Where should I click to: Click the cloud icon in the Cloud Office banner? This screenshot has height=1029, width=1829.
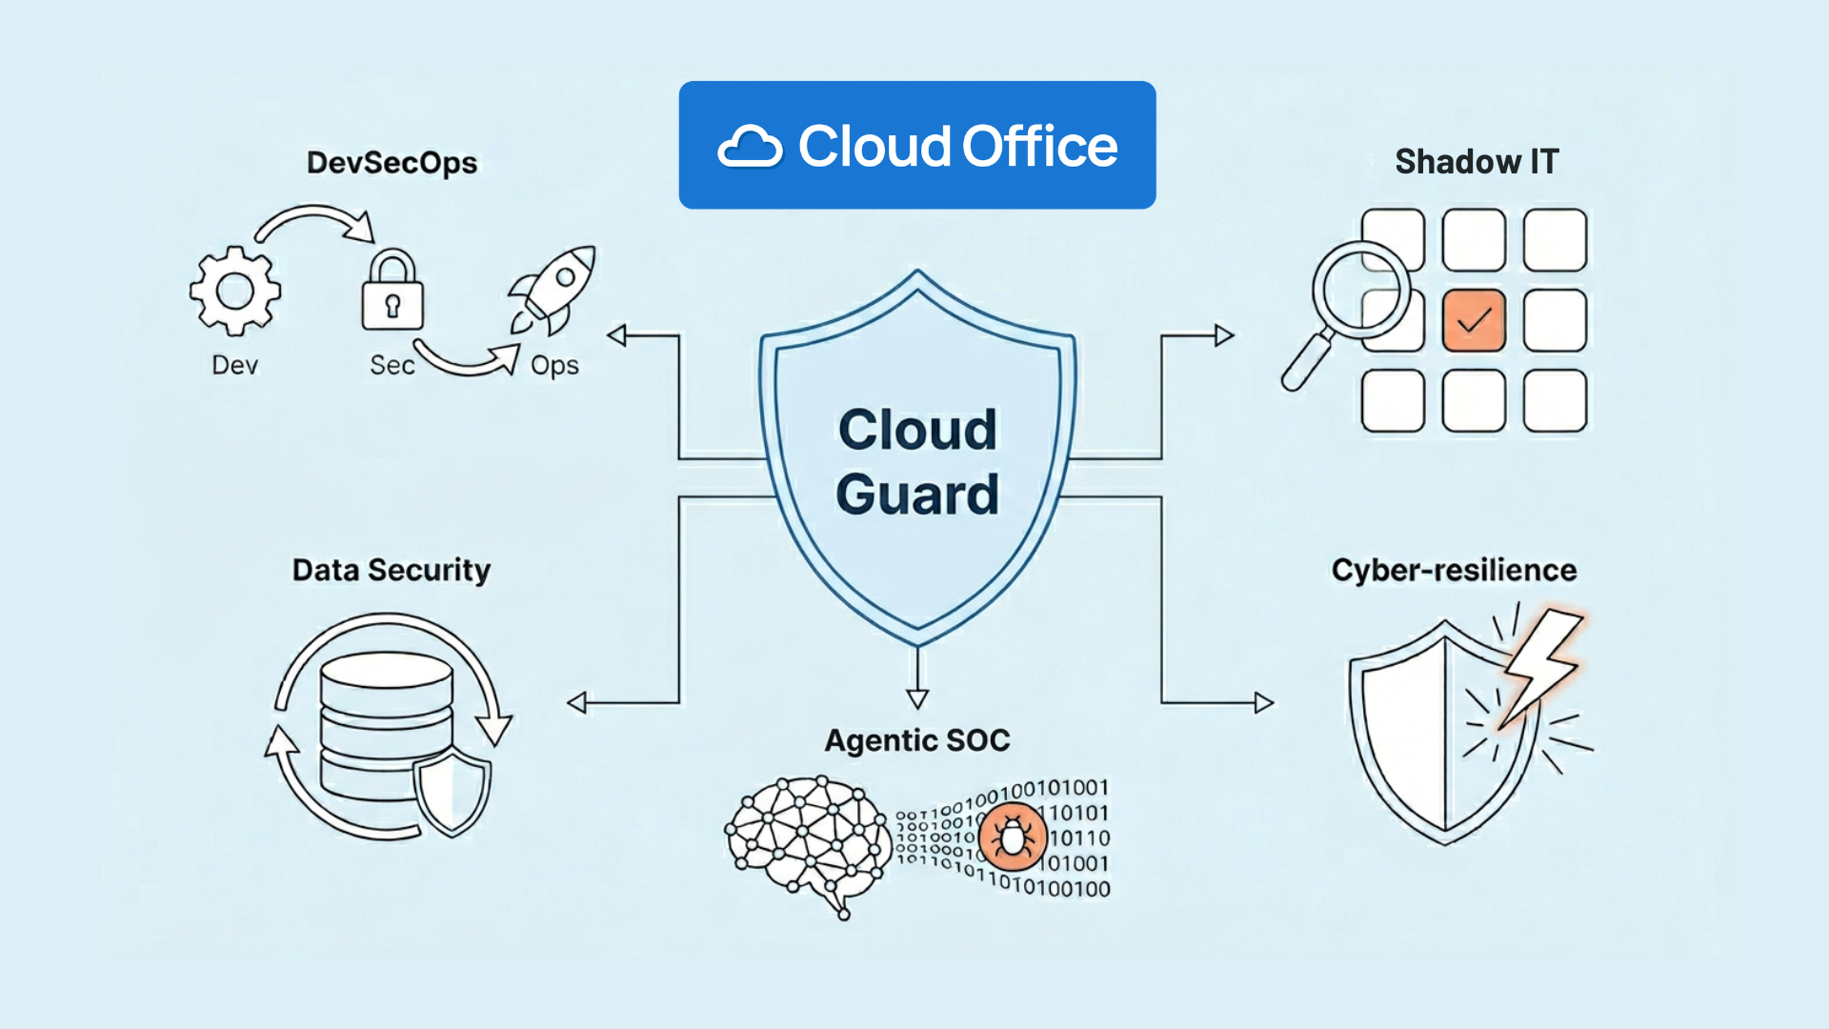(750, 148)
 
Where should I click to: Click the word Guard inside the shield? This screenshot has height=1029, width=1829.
(917, 494)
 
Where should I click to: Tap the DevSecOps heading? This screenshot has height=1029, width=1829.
(392, 163)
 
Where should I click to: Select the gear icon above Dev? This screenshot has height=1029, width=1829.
(234, 291)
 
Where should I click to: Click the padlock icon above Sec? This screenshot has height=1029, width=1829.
(392, 293)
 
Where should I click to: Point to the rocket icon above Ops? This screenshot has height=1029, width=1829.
(553, 289)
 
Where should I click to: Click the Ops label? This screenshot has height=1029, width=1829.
(554, 366)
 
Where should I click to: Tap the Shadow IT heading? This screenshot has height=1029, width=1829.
(1476, 162)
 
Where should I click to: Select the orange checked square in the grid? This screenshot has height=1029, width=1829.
(1474, 321)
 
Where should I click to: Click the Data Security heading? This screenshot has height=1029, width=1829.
(391, 570)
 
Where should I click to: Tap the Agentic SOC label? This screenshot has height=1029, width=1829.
(916, 740)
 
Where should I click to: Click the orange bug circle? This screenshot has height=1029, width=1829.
(1013, 837)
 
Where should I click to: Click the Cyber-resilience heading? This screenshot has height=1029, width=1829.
(1454, 570)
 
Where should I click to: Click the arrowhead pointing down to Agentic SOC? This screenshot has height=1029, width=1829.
(917, 698)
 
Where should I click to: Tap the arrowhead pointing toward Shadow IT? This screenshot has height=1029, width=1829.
(1224, 335)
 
